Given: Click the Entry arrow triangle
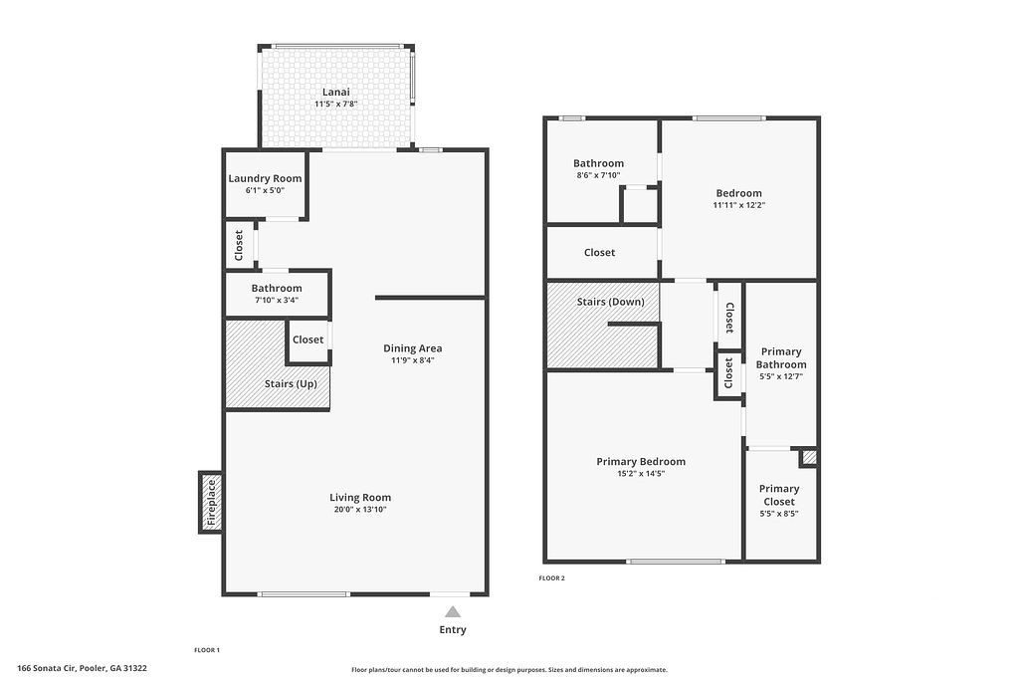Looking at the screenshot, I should coord(453,612).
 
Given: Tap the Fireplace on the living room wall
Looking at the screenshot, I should coord(210,502).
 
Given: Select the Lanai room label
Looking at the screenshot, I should coord(335,92).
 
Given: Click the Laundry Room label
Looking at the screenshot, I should coord(264,179).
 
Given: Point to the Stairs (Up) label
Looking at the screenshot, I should coord(291,383).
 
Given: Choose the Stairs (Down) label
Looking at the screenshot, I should coord(610,302).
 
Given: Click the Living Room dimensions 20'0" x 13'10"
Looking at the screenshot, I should coord(360,510).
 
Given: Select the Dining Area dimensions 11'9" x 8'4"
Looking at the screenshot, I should coord(413,360).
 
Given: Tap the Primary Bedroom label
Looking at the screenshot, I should coord(641,461).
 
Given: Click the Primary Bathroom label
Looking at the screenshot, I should coord(781,357).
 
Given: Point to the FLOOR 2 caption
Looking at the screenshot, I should coord(551,578).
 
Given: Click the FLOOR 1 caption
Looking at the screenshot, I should coord(207,649).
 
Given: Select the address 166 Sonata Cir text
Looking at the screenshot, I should coord(82,668).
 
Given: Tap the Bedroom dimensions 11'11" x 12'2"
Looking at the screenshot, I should coord(738,205).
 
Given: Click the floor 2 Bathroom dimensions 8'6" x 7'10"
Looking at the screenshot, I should coord(598,175).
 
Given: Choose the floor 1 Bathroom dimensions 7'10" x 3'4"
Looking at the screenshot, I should coord(277,300).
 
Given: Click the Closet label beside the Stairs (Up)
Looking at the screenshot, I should coord(308,340).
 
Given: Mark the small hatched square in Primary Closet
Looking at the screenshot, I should coord(809,458).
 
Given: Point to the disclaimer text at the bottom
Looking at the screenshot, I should coord(509,670).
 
